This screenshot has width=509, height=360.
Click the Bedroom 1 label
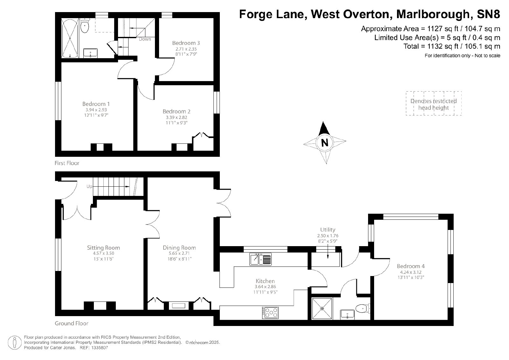click(96, 104)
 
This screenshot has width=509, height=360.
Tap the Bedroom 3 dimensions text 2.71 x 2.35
click(186, 49)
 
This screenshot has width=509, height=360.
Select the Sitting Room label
click(103, 247)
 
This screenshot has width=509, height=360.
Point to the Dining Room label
click(179, 247)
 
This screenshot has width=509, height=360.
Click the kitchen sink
click(261, 259)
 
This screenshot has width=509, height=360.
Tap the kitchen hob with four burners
click(270, 313)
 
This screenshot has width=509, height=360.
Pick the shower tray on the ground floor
click(322, 309)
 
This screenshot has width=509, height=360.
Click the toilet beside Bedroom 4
click(363, 308)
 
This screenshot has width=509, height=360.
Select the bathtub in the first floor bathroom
click(70, 38)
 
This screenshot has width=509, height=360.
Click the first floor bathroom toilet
click(85, 26)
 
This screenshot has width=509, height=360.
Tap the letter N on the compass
click(325, 143)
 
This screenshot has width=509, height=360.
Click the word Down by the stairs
click(145, 39)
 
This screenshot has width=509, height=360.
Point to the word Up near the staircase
click(89, 186)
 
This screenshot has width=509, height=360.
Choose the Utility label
click(328, 230)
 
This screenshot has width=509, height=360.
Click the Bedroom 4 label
click(411, 266)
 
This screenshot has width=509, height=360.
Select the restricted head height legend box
click(434, 103)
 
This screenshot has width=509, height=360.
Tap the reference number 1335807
click(99, 348)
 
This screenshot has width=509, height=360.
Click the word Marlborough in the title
click(433, 14)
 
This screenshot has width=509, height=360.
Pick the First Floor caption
click(67, 163)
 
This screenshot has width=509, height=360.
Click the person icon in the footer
click(15, 343)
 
